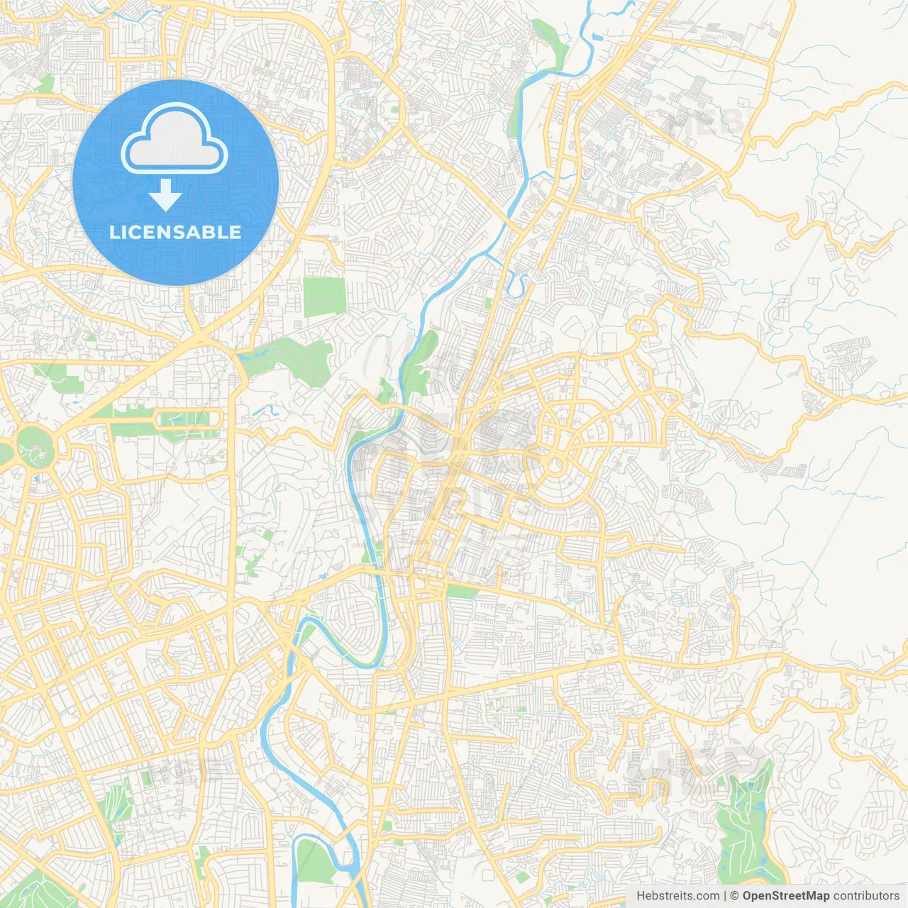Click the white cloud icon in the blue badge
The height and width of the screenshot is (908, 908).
click(175, 138)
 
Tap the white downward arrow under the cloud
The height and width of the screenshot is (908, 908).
click(166, 195)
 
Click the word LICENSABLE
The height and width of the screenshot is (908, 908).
click(175, 232)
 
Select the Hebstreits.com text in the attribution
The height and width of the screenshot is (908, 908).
click(677, 896)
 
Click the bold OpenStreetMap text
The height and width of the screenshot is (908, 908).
click(785, 896)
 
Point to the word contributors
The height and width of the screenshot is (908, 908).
click(866, 896)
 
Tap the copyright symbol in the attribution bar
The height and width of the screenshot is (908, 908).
click(735, 896)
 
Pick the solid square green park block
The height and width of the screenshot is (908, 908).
click(324, 297)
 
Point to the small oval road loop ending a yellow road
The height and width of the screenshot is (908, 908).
click(642, 327)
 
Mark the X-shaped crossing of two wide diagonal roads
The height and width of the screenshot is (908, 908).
click(200, 333)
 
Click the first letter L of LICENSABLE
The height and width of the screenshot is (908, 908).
click(114, 232)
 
